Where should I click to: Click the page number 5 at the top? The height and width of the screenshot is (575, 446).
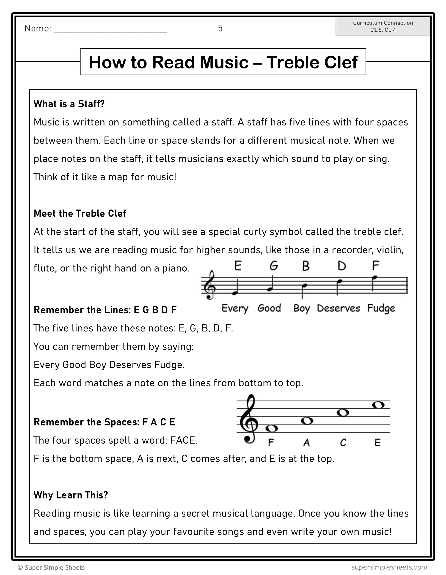tap(220, 28)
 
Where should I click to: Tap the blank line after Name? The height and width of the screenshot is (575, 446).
tap(110, 30)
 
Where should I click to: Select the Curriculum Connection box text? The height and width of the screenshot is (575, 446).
tap(383, 26)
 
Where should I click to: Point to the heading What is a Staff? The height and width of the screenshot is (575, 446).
tap(69, 104)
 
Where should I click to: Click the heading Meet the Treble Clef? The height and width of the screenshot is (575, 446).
tap(80, 213)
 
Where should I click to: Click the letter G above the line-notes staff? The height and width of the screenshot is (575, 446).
tap(274, 266)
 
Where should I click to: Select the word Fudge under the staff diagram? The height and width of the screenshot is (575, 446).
tap(381, 308)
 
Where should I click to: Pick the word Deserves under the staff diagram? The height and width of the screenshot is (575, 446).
tap(338, 308)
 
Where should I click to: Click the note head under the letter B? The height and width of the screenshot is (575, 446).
tap(305, 285)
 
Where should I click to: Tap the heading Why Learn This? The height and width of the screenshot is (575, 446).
tap(71, 495)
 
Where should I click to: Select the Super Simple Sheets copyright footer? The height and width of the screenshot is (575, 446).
tap(51, 568)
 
